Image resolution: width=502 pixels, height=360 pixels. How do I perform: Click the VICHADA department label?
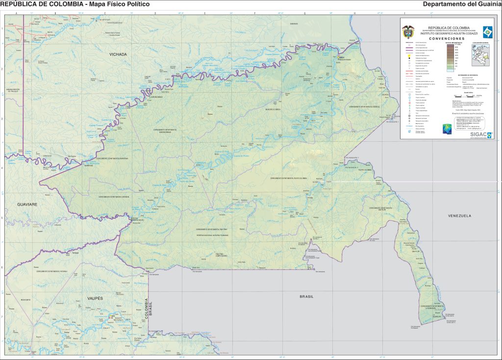click(x=118, y=54)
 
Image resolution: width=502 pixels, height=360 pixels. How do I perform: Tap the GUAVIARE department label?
click(x=27, y=203)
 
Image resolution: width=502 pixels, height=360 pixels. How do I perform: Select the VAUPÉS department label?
click(x=95, y=298)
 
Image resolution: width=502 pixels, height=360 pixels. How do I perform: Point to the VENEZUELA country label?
click(x=459, y=216)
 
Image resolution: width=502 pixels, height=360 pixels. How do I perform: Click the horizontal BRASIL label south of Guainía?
click(x=306, y=297)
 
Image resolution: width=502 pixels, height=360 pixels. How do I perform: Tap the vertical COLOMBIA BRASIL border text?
click(x=148, y=309)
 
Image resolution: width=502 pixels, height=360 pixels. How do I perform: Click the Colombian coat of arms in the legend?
click(x=408, y=31)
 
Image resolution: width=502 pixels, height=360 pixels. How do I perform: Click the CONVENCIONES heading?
click(x=447, y=38)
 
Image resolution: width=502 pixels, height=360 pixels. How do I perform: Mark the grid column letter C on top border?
click(x=104, y=14)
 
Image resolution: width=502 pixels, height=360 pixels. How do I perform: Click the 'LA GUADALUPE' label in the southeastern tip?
click(x=431, y=308)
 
